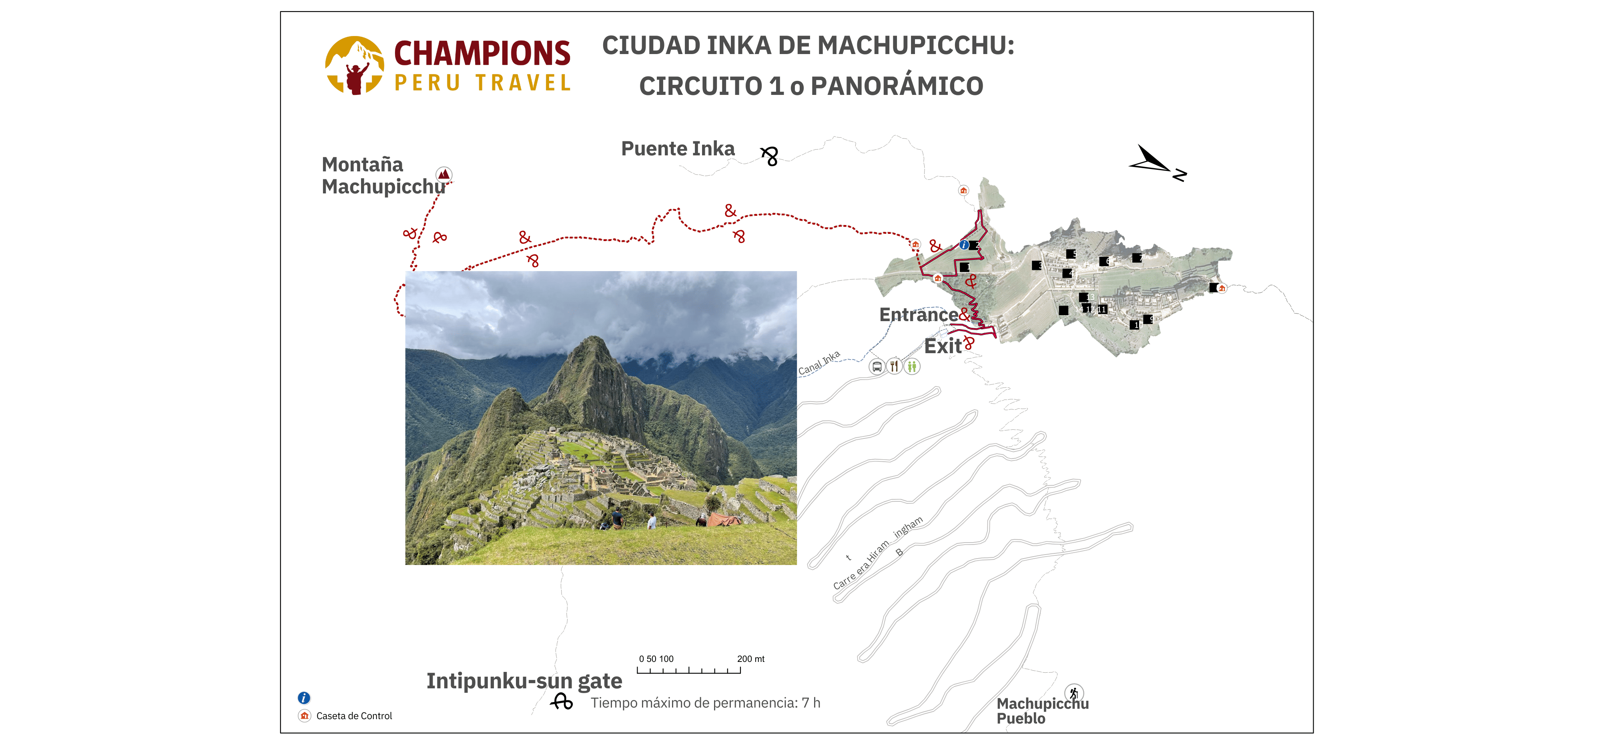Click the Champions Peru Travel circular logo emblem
[354, 65]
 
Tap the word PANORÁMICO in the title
[897, 86]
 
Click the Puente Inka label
[678, 149]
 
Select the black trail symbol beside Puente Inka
[769, 155]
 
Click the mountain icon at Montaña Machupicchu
[444, 174]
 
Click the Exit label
[942, 346]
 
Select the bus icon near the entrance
[876, 367]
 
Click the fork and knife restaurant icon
[894, 366]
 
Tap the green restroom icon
[912, 367]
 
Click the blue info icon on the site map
[963, 245]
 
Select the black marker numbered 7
[1137, 257]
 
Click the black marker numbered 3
[1037, 265]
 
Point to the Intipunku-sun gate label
[524, 681]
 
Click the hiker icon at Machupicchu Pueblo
[1073, 693]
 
